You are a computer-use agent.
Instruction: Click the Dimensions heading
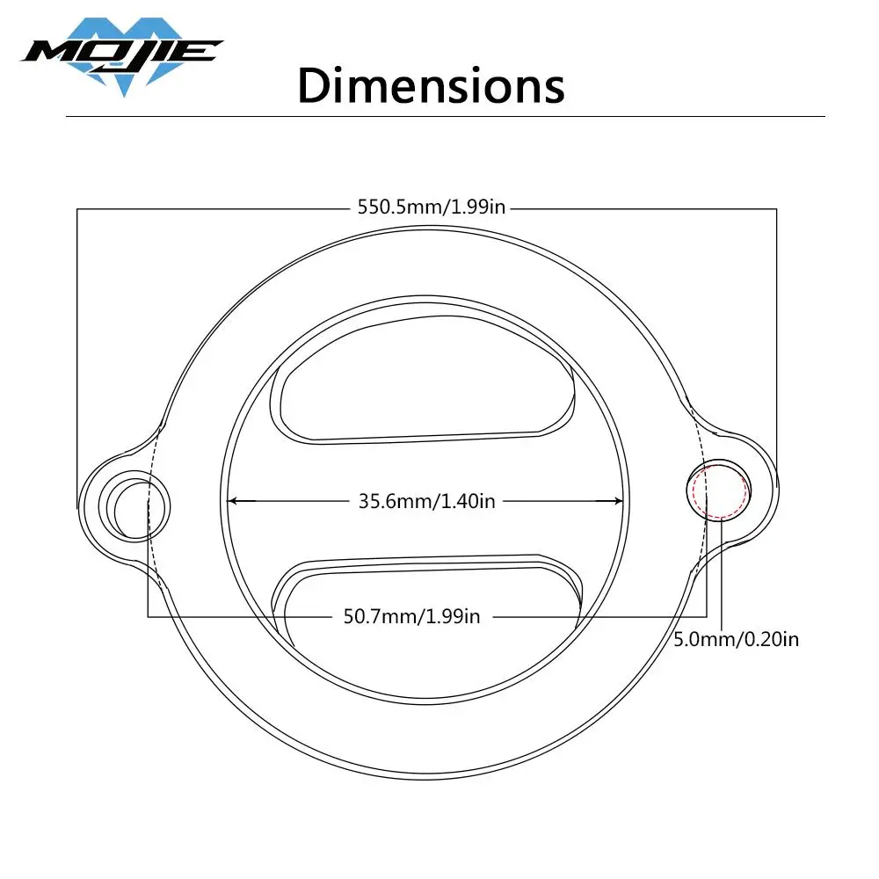pos(431,86)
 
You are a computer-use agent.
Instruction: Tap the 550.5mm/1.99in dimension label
pos(431,208)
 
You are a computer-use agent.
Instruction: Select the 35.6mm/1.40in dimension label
pos(427,501)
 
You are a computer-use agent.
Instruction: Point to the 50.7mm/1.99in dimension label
pos(412,616)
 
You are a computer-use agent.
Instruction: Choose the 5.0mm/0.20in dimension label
pos(737,639)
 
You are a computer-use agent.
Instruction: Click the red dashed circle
pos(719,490)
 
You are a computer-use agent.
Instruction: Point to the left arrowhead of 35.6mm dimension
pos(234,501)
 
